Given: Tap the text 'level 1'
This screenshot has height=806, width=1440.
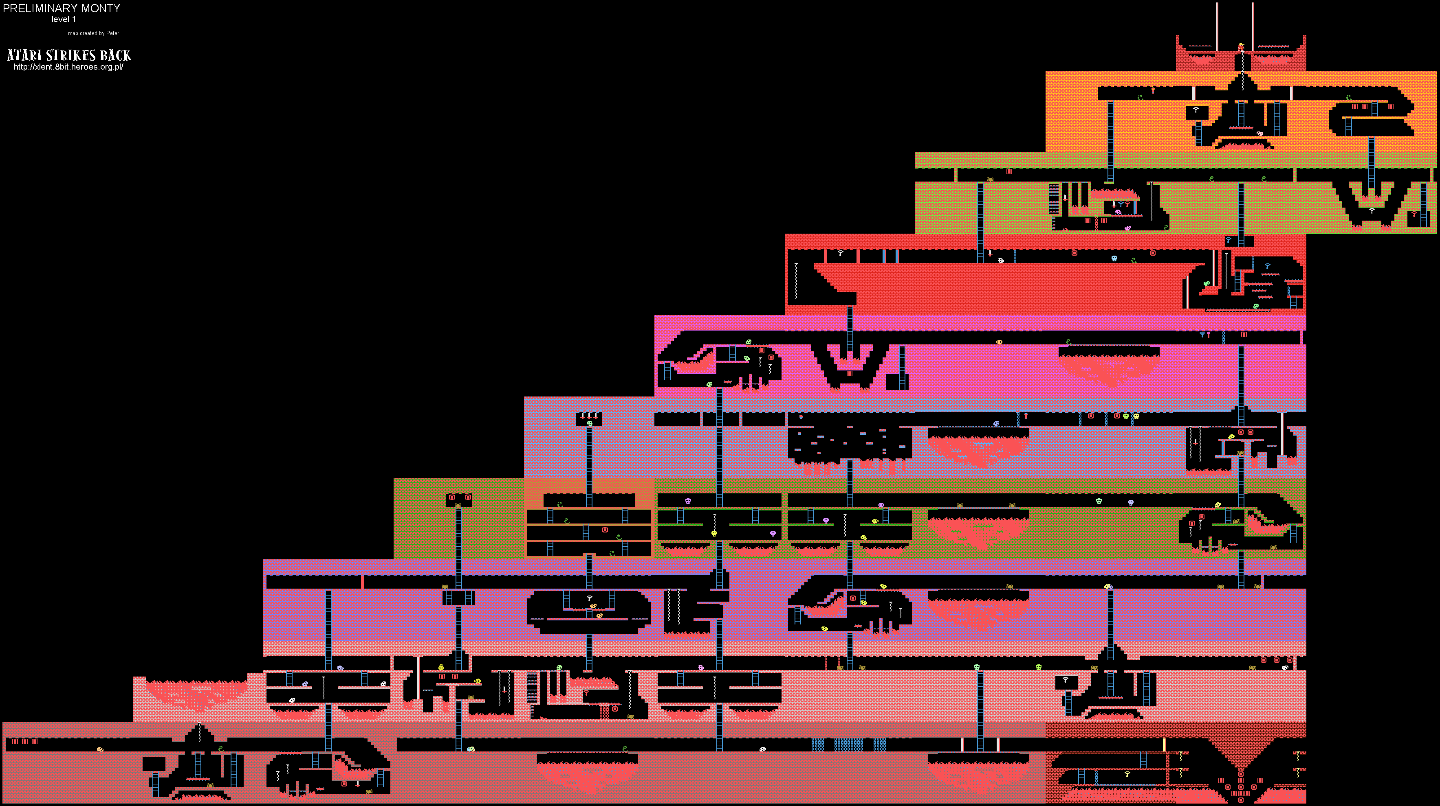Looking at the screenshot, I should click(x=64, y=19).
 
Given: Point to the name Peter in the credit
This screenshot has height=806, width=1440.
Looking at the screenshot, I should click(x=112, y=33).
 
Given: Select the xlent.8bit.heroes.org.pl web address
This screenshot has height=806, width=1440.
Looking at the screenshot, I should click(x=68, y=67).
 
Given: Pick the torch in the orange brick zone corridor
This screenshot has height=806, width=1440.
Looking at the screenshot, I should click(x=1152, y=90).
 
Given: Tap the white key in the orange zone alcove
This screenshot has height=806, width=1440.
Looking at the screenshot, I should click(x=1196, y=110).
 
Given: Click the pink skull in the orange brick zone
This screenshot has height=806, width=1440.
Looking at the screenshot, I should click(x=1259, y=134).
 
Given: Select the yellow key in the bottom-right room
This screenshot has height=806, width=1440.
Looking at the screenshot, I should click(x=1127, y=774).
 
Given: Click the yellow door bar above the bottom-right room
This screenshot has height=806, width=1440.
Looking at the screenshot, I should click(x=1165, y=745).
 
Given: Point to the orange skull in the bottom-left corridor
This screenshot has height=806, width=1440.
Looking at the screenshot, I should click(x=100, y=749).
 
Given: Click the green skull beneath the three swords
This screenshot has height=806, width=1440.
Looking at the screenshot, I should click(x=589, y=423).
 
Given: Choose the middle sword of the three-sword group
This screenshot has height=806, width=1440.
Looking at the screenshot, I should click(x=589, y=416).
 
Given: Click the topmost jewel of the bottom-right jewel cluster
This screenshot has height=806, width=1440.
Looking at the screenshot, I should click(x=1240, y=773).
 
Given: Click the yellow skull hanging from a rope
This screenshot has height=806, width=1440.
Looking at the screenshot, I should click(x=714, y=533).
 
